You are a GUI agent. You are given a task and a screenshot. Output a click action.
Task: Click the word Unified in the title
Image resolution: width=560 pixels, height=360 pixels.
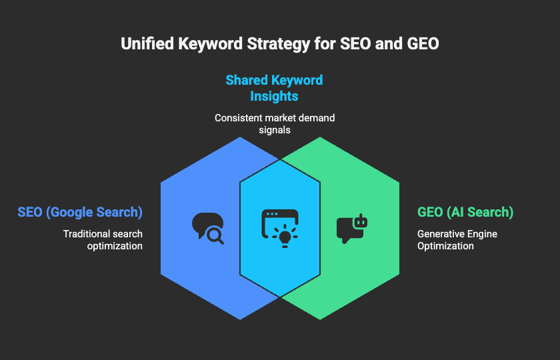[147, 43]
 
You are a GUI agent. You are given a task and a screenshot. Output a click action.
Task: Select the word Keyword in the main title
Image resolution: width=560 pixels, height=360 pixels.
[211, 43]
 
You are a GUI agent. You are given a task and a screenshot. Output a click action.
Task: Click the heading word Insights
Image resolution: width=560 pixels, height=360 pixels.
[274, 96]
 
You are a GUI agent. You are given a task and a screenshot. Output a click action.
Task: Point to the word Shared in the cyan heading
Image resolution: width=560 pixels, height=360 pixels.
[247, 80]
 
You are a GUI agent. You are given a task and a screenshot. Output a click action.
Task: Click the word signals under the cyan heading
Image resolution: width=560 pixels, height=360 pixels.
[275, 130]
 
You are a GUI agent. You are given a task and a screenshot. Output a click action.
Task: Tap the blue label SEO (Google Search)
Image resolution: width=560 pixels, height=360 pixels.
[80, 212]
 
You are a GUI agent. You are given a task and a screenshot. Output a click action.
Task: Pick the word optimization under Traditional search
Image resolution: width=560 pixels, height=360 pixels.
[115, 246]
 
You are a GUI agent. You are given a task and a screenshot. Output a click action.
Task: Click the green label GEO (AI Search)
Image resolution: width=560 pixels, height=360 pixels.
[465, 212]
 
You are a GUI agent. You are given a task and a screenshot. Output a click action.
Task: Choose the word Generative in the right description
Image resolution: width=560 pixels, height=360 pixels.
[437, 234]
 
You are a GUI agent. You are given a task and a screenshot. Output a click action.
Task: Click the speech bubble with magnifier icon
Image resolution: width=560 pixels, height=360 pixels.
[208, 229]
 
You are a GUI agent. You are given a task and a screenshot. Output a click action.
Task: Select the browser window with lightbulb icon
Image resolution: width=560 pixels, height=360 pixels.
[280, 229]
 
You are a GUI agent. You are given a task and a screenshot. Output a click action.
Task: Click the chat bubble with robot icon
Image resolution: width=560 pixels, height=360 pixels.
[352, 229]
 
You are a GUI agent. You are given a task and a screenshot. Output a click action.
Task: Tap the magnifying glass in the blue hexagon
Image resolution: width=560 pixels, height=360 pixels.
[215, 236]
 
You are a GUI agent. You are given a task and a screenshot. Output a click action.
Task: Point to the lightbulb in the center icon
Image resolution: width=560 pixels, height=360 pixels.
[285, 237]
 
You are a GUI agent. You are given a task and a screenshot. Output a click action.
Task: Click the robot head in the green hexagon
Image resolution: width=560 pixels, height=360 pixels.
[360, 221]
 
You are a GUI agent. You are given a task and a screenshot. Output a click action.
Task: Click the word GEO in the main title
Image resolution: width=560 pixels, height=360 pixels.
[423, 43]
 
